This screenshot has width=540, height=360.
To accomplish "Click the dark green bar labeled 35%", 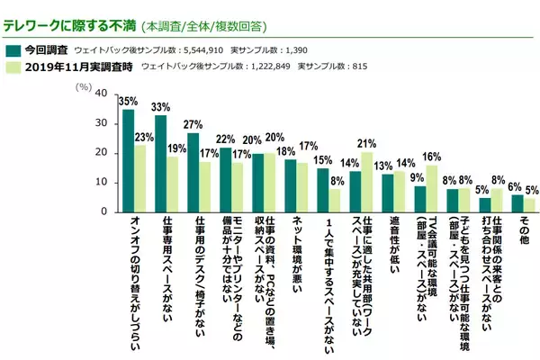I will click(x=128, y=161).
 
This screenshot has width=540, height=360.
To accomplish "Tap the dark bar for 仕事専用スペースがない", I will click(x=160, y=164).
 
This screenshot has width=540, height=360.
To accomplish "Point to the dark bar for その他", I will click(x=517, y=203).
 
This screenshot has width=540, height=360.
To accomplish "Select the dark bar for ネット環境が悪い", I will click(x=290, y=185).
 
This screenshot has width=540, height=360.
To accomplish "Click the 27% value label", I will click(x=192, y=124).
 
